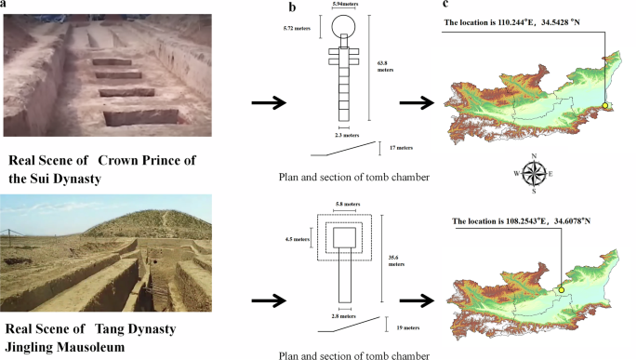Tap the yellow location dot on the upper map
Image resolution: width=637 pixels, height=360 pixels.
pyautogui.click(x=604, y=106)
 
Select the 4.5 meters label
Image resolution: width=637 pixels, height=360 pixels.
pyautogui.click(x=298, y=238)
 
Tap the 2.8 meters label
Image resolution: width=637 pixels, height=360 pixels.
pyautogui.click(x=344, y=316)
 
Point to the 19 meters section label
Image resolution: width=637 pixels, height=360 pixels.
pyautogui.click(x=402, y=327)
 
